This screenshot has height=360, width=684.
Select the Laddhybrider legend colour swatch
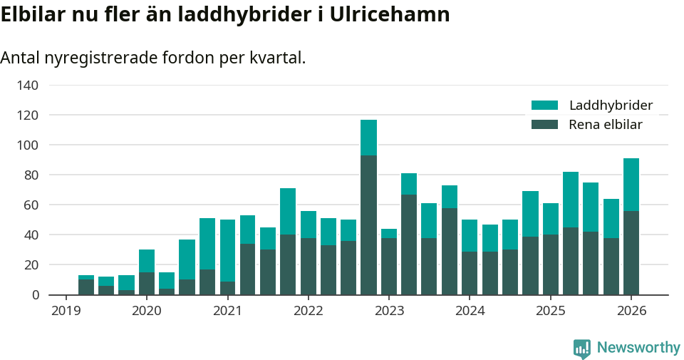click(x=545, y=106)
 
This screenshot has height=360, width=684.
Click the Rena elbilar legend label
click(x=606, y=125)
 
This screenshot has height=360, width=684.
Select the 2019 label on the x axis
click(x=66, y=311)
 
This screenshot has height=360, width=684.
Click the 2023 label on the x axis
click(x=389, y=311)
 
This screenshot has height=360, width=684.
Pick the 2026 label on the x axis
click(x=631, y=311)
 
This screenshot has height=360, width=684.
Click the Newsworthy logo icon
click(x=582, y=348)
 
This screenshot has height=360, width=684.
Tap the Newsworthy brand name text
click(x=638, y=348)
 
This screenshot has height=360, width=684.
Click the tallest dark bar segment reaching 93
click(x=368, y=225)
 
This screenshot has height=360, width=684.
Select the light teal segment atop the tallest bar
click(x=368, y=138)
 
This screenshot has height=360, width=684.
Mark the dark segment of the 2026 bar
click(x=631, y=252)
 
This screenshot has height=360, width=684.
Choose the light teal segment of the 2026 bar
click(x=631, y=185)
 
